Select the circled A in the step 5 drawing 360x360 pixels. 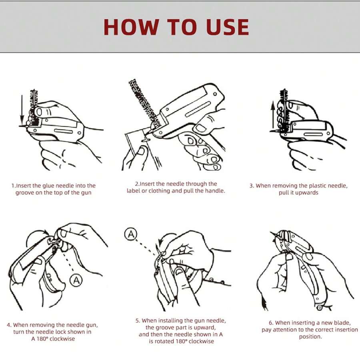[x=131, y=234]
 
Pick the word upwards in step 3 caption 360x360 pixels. [x=310, y=193]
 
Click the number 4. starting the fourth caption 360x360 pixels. [x=9, y=325]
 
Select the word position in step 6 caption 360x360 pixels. [x=310, y=337]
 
